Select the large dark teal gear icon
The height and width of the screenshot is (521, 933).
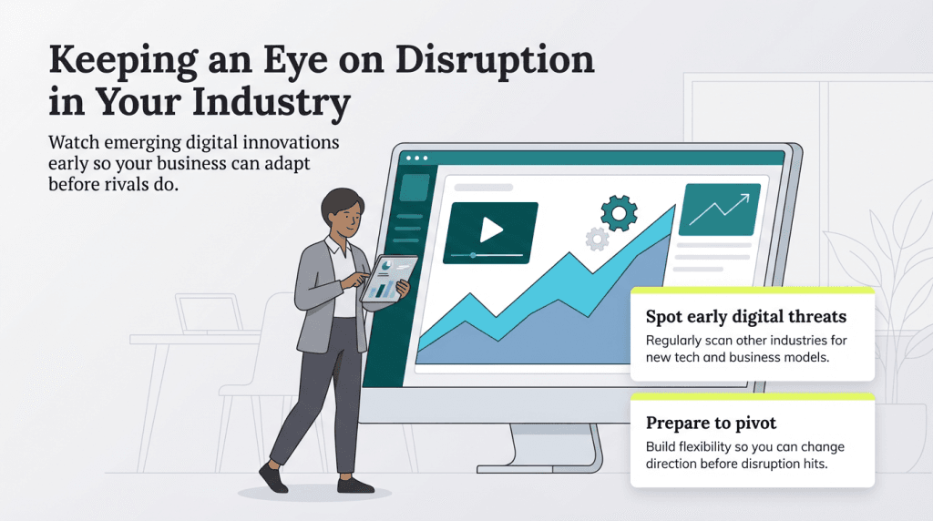tap(619, 212)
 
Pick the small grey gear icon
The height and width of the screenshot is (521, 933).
tap(597, 240)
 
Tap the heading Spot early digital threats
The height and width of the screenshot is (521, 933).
tap(746, 317)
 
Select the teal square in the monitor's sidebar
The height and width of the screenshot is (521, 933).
tap(415, 187)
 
